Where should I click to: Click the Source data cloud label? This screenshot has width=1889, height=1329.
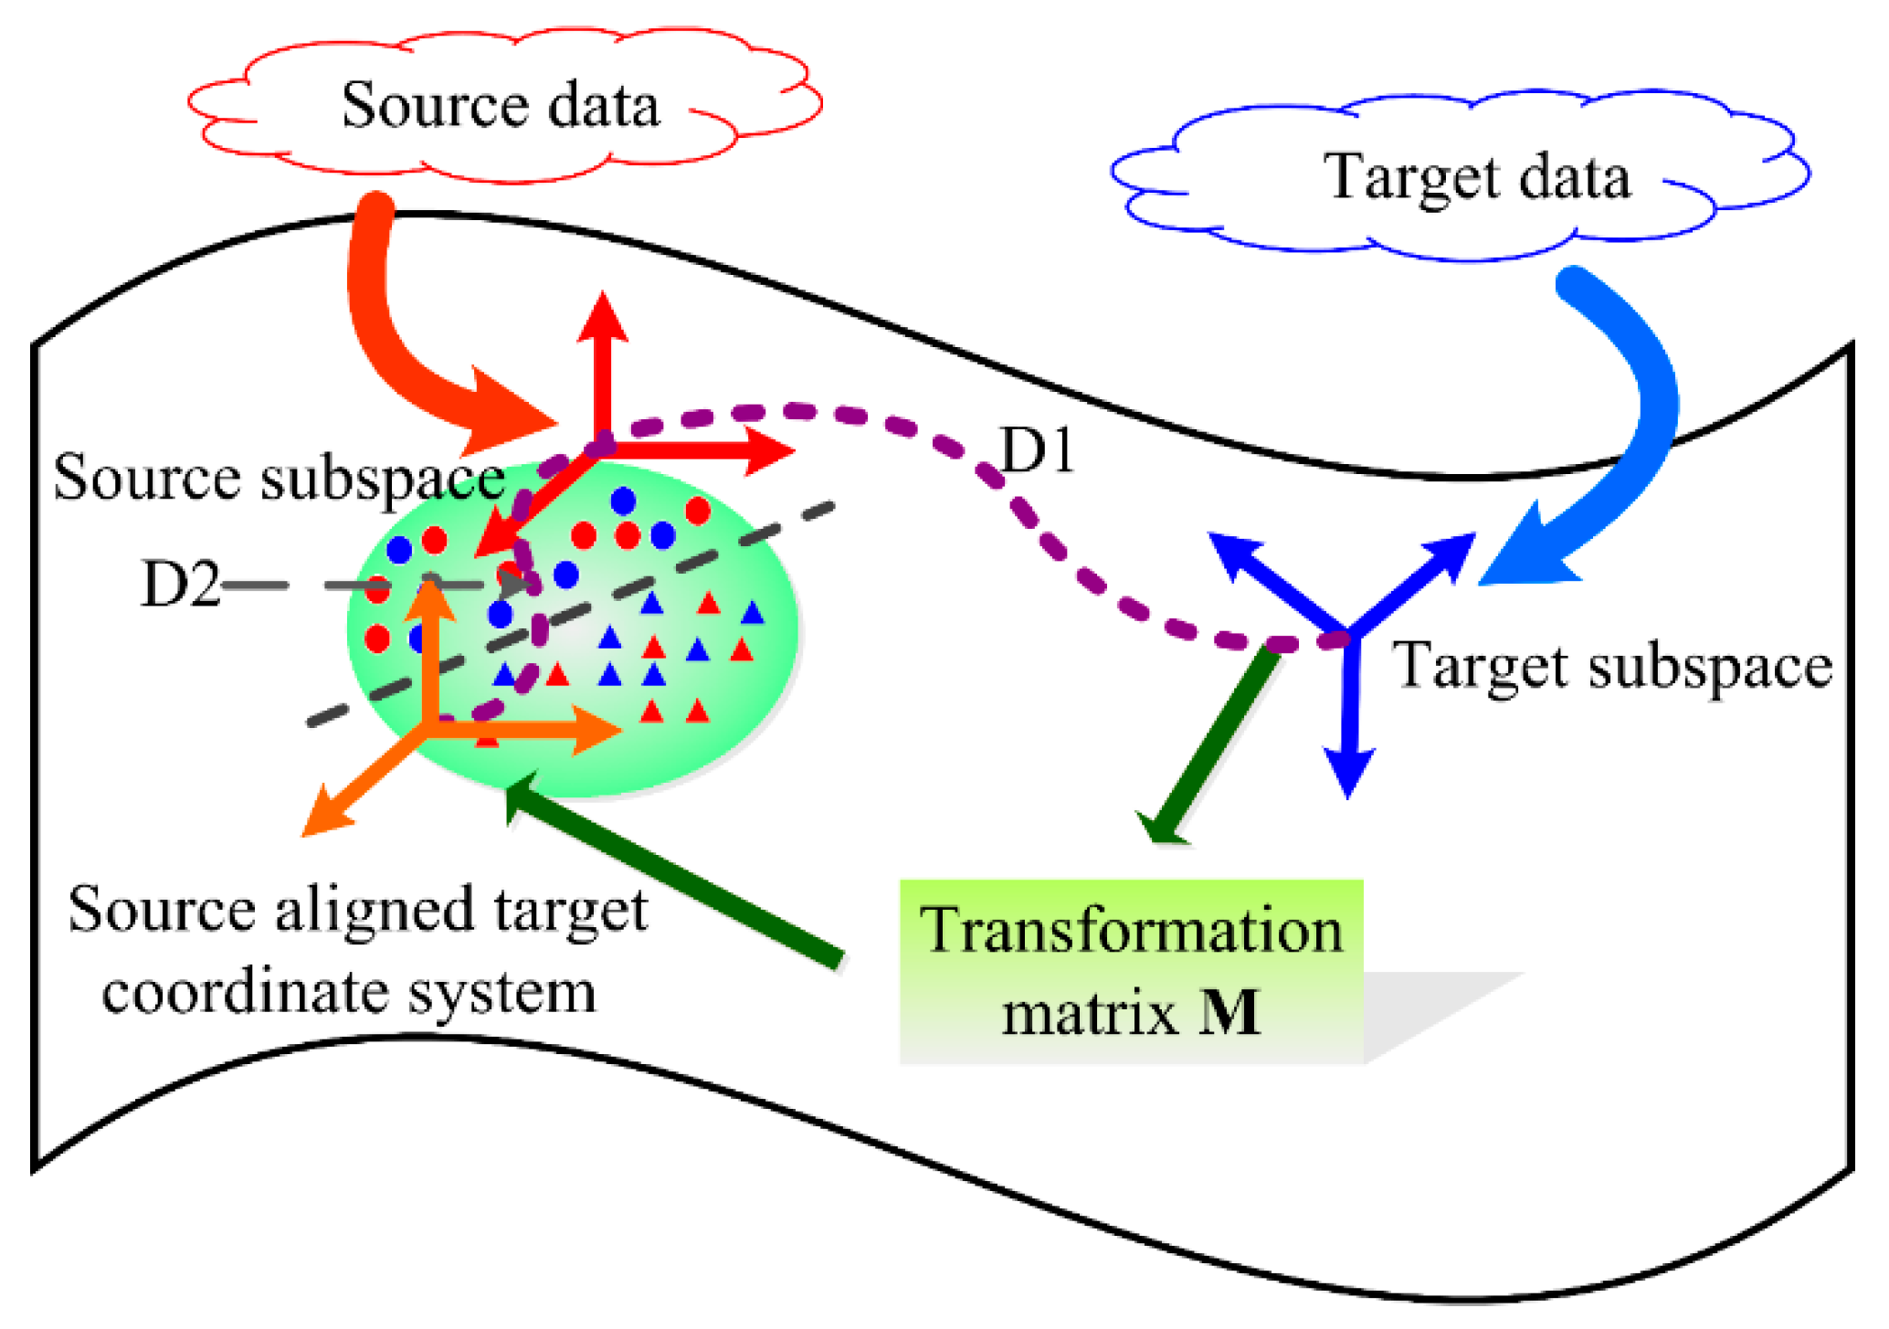[500, 105]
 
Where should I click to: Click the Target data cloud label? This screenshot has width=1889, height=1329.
[1476, 176]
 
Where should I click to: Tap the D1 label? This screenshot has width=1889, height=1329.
[1036, 450]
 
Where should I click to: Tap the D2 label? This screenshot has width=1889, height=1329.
[180, 585]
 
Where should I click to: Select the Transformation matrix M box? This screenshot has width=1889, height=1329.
[1131, 971]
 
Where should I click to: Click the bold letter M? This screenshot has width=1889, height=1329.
[1229, 1012]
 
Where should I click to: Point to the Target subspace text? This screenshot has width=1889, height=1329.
[1611, 666]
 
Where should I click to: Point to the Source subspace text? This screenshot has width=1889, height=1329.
[279, 478]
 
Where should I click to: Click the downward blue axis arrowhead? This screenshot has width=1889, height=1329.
[1349, 775]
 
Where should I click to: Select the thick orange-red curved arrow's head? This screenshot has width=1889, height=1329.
[507, 416]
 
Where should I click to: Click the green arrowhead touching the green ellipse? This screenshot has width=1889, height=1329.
[522, 795]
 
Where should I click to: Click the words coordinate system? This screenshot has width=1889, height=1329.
[348, 993]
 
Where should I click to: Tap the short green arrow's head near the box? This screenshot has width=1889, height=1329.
[1160, 827]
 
